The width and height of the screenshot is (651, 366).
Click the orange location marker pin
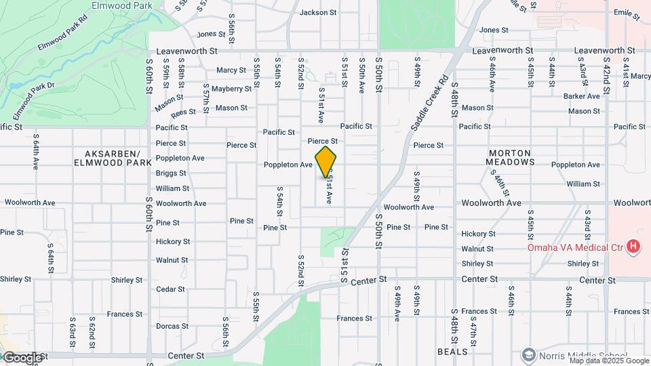tap(326, 161)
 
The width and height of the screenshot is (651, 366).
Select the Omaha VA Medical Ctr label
tap(575, 247)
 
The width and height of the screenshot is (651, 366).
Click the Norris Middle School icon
tap(528, 354)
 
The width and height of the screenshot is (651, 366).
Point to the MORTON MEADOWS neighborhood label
tap(520, 157)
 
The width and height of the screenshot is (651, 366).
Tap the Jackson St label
tap(318, 12)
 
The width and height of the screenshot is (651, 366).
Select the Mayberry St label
tap(231, 89)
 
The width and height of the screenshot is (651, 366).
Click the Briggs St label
tap(170, 174)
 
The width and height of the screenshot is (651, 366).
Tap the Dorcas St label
tap(171, 326)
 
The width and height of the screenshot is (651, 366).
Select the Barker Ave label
tap(581, 96)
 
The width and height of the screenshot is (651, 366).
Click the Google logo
tap(22, 357)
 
